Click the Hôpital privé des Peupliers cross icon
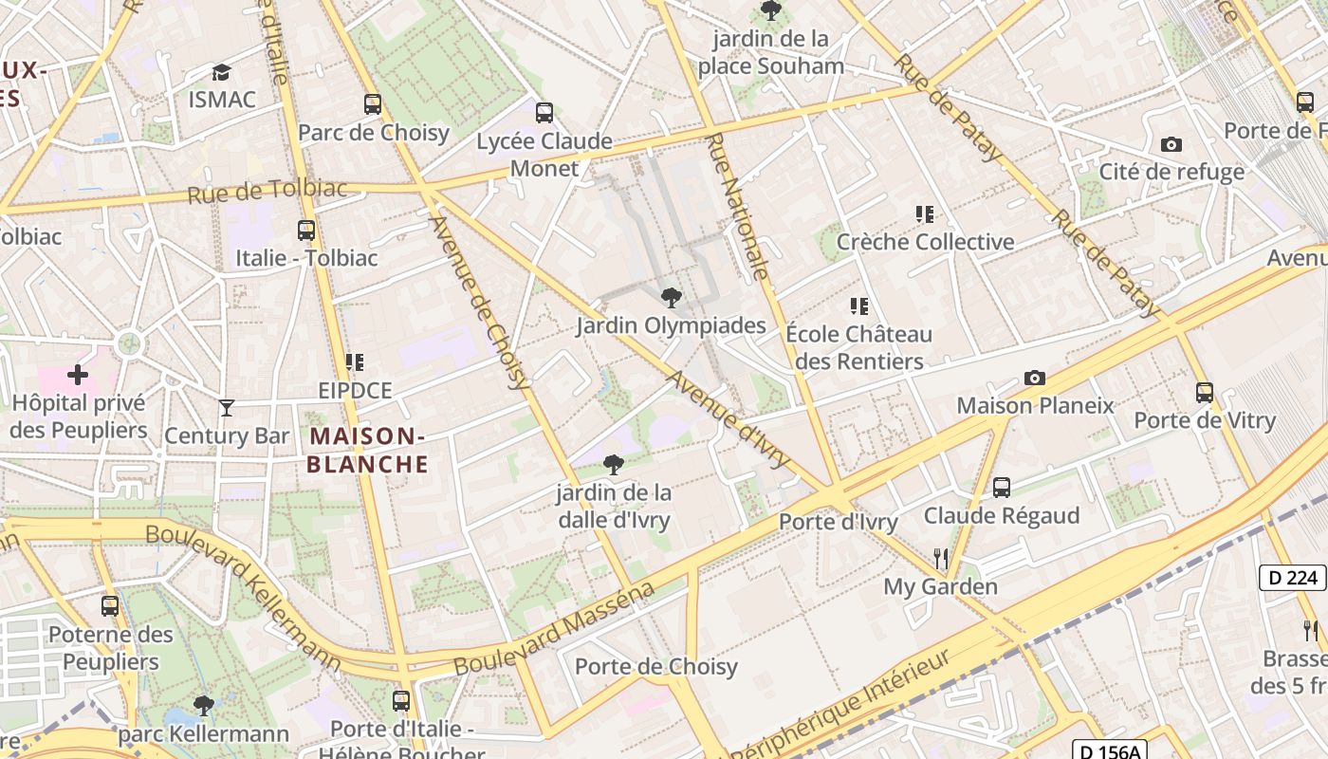point(78,376)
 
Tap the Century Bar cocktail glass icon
point(227,408)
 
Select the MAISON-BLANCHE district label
point(367,451)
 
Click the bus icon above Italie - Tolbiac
point(306,230)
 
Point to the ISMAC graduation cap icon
point(221,72)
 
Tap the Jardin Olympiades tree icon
point(672,298)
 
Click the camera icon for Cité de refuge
point(1171,144)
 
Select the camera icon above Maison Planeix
point(1035,378)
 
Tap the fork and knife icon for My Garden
point(941,558)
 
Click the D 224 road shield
point(1292,577)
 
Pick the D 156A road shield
point(1109,751)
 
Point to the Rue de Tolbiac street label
point(267,191)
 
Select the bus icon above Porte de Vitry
point(1205,392)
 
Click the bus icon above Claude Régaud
point(1002,488)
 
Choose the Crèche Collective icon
point(925,214)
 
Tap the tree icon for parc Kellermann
point(203,705)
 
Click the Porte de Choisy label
point(656,667)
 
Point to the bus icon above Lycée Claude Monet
point(544,113)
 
